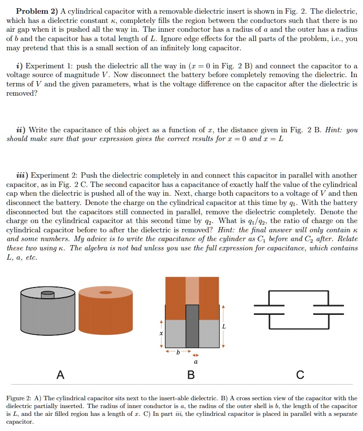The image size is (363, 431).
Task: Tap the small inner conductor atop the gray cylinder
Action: [48, 294]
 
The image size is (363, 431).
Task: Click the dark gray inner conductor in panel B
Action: [192, 326]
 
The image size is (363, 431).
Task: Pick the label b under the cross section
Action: [178, 352]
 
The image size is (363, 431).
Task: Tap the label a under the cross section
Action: [196, 362]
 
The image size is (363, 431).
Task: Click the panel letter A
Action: [60, 375]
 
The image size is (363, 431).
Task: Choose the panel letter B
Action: [191, 375]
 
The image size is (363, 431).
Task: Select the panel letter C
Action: [300, 375]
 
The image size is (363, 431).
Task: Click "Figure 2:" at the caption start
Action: [20, 398]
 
